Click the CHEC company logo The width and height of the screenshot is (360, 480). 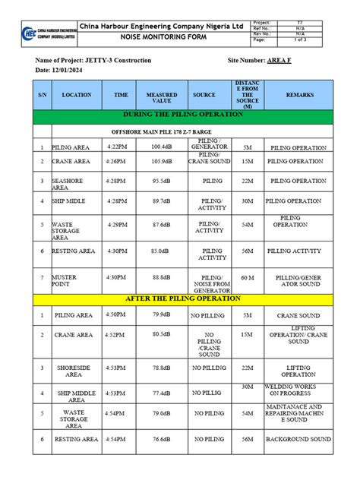30,33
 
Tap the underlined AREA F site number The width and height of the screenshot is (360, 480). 279,59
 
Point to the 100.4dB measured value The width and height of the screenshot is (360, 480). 161,147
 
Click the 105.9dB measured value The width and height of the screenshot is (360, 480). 161,162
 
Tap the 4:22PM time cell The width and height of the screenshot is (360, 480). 117,147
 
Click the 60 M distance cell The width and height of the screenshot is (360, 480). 248,278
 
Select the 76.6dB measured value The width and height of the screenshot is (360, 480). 161,440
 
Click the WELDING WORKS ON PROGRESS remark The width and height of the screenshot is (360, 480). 299,390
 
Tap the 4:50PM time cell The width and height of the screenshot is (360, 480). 117,314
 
